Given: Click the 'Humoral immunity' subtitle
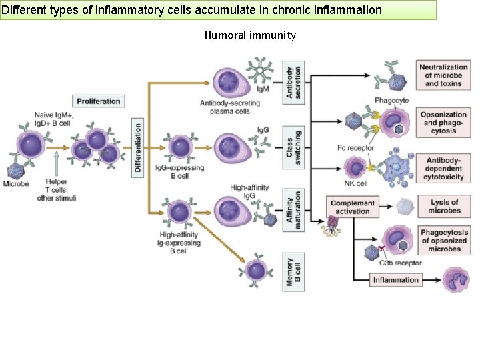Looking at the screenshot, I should tap(249, 35).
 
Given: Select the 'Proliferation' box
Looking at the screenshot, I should tap(99, 101).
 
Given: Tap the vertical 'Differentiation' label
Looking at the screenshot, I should tap(138, 147).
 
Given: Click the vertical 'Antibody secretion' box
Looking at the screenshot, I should tap(293, 83).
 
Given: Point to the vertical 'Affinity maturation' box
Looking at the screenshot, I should tap(293, 209).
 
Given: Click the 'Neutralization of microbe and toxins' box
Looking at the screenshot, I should tap(443, 75).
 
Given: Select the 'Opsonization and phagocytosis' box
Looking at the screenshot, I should tap(443, 123).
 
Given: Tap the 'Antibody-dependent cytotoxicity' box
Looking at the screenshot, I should tap(443, 169).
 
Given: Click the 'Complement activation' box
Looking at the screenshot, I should tap(353, 207).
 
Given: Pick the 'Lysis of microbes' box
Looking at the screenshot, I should tap(444, 207).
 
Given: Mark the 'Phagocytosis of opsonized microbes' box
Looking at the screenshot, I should tap(444, 241).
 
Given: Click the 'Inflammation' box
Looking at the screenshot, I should tap(395, 280).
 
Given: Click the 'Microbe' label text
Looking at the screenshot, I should tap(15, 184).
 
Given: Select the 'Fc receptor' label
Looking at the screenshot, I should tap(355, 148).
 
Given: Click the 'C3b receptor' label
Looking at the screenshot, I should tap(400, 263).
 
